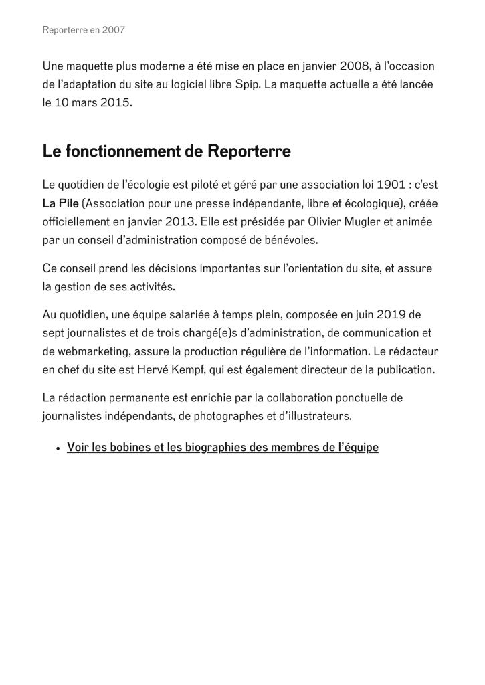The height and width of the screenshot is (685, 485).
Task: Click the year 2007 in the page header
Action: pyautogui.click(x=113, y=30)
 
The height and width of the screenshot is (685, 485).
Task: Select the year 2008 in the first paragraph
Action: pyautogui.click(x=355, y=66)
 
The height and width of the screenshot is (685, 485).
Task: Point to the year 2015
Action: pyautogui.click(x=114, y=104)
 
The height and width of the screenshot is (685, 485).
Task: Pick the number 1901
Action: pyautogui.click(x=391, y=184)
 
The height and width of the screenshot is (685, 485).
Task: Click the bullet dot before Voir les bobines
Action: pyautogui.click(x=59, y=448)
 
